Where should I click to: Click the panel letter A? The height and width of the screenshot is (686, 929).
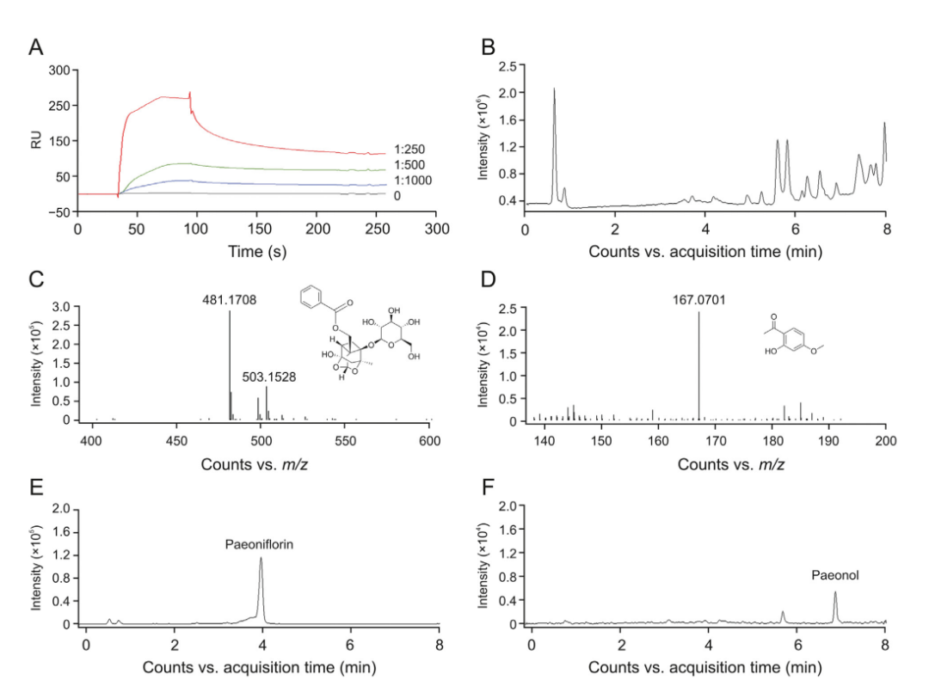[x=35, y=48]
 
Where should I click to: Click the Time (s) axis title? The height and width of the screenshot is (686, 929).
[x=258, y=252]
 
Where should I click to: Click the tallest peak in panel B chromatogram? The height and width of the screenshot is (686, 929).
[x=554, y=89]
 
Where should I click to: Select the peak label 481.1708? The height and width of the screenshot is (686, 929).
[x=229, y=300]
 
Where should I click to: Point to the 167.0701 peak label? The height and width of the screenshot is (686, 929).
[x=698, y=301]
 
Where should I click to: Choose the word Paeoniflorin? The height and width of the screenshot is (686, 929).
[x=259, y=544]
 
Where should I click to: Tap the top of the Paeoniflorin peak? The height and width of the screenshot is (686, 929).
[x=261, y=559]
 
